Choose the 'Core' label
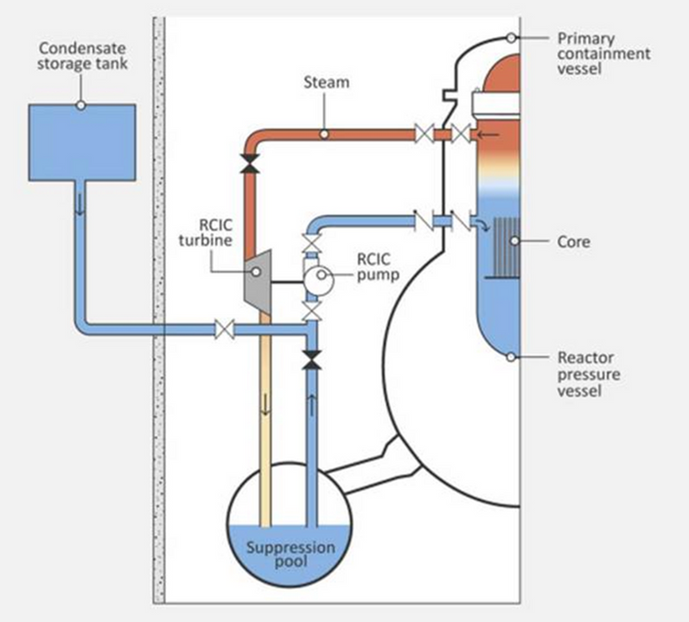pyautogui.click(x=574, y=241)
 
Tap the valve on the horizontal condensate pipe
pyautogui.click(x=225, y=328)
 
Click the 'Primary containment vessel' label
pyautogui.click(x=603, y=54)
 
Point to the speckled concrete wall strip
pyautogui.click(x=158, y=311)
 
